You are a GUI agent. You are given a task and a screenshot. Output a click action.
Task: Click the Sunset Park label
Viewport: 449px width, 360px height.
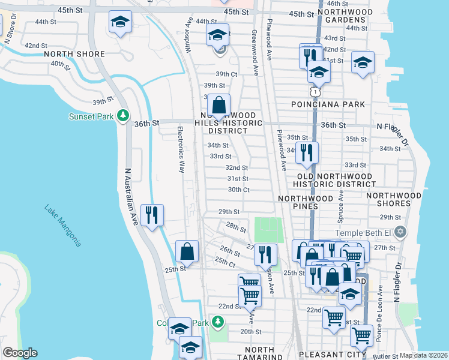click(91, 116)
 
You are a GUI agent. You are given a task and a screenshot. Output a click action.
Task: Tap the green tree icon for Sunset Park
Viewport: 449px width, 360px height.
click(123, 115)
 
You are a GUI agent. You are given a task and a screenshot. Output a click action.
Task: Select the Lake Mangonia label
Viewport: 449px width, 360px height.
click(62, 226)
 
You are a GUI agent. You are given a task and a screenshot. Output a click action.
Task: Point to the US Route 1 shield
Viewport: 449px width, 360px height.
click(314, 92)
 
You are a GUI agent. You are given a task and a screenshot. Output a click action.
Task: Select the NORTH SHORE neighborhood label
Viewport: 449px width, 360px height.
click(74, 54)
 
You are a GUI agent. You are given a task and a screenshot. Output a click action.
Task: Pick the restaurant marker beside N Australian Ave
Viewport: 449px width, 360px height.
click(151, 214)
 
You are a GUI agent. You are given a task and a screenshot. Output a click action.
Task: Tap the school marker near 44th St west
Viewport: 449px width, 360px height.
click(120, 23)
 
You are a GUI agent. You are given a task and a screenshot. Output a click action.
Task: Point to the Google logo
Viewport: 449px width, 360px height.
click(20, 353)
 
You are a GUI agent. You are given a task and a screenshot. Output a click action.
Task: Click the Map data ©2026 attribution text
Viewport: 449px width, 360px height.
click(423, 355)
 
